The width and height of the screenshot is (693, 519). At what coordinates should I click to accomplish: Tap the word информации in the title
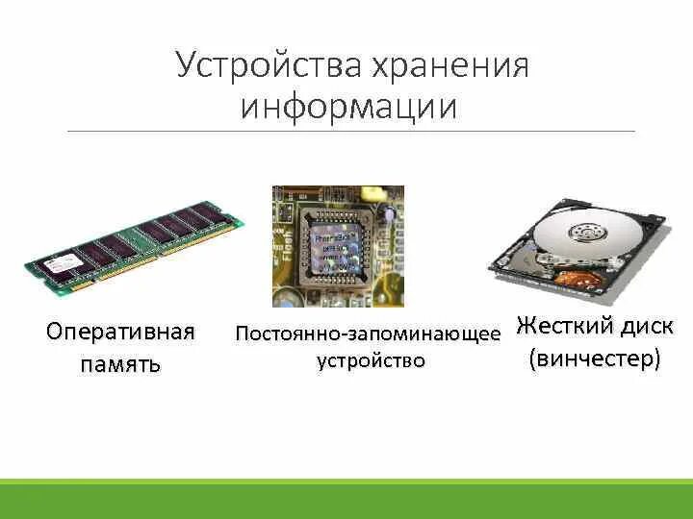point(348,106)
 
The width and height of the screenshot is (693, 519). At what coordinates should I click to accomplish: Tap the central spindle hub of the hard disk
point(584,232)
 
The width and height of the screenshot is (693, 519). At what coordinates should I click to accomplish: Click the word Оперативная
point(120,333)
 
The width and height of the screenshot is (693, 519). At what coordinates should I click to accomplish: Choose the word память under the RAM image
point(120,365)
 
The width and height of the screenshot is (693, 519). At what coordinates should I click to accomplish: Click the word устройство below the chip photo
point(371,361)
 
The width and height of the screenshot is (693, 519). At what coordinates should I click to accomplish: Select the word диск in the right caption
point(645,326)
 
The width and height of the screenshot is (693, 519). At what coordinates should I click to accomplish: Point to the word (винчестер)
point(595,359)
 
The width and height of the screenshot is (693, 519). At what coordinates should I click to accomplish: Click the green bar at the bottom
point(346,499)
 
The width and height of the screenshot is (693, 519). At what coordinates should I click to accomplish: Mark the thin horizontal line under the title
point(351,131)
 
